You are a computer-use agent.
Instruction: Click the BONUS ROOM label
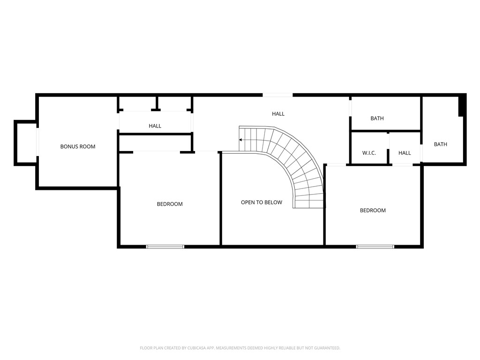[x=78, y=147]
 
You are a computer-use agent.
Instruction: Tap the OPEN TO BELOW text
[x=262, y=202]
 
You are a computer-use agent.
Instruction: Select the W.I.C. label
[x=369, y=153]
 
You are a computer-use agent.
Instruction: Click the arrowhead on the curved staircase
[x=241, y=140]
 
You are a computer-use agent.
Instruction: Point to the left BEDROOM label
[x=170, y=204]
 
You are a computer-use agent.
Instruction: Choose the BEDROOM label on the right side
[x=373, y=210]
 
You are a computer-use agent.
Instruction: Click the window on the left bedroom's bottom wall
[x=165, y=246]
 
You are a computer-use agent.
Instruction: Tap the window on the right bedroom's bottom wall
[x=375, y=246]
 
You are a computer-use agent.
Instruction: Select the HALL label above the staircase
[x=278, y=114]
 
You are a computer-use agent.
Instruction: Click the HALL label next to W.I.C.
[x=405, y=153]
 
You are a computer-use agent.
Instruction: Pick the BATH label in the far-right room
[x=441, y=144]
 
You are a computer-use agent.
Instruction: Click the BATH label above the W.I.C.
[x=377, y=119]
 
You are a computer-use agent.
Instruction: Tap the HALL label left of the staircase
[x=155, y=126]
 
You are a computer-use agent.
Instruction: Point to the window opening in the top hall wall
[x=277, y=95]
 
